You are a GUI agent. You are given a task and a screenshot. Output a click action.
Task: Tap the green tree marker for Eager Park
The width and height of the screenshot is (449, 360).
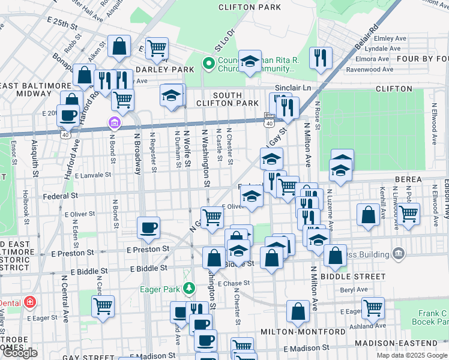(x=190, y=289)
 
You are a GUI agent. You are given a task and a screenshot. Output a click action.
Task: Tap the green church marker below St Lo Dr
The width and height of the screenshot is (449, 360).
(x=209, y=63)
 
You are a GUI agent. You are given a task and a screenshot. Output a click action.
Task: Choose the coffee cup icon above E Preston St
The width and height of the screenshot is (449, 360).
(x=148, y=227)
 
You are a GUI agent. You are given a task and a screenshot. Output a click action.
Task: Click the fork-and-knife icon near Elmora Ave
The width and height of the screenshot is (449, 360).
(x=319, y=58)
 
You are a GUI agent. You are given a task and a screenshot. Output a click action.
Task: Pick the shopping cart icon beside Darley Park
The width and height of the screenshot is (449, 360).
(x=157, y=48)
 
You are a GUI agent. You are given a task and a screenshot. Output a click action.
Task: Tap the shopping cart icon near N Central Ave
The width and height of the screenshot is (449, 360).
(x=103, y=305)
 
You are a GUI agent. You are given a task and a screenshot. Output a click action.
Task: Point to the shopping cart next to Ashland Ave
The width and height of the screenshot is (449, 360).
(x=373, y=308)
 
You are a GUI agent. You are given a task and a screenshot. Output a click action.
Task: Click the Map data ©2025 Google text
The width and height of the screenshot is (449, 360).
(x=412, y=355)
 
